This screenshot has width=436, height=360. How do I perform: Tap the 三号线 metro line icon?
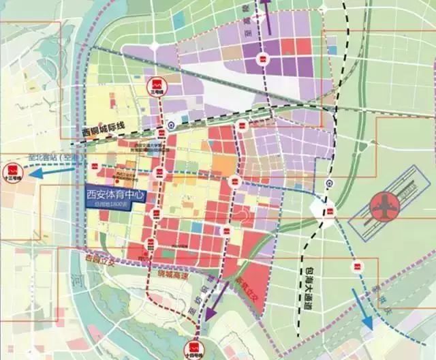(155, 87)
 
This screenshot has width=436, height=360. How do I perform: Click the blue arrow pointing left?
(48, 172)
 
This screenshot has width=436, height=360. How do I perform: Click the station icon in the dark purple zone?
(261, 61)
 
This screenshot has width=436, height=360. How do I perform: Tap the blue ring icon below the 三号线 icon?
(171, 125)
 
